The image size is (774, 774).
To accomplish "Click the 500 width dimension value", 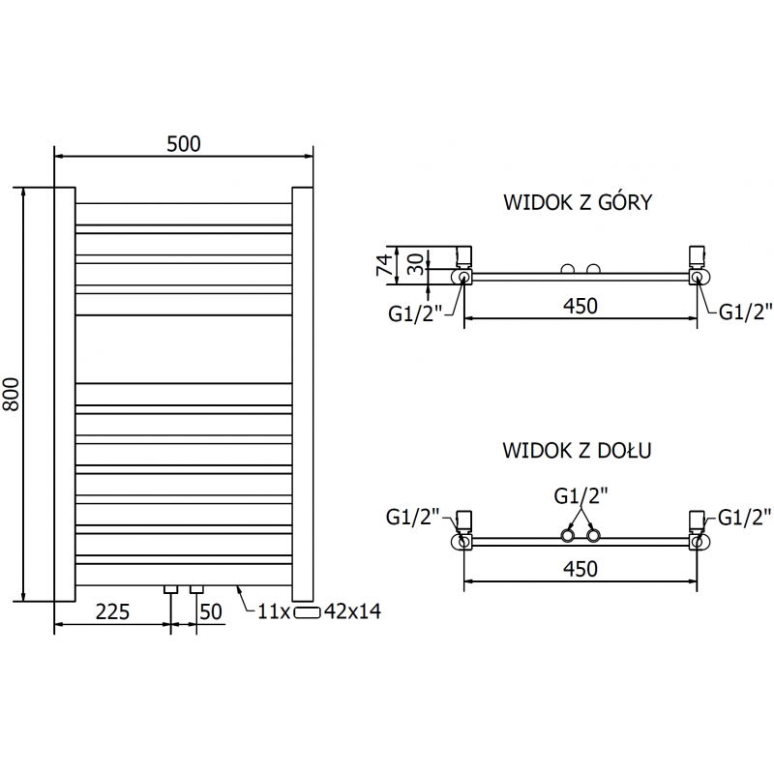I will pyautogui.click(x=183, y=144).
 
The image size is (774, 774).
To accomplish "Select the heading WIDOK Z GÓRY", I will pyautogui.click(x=577, y=203).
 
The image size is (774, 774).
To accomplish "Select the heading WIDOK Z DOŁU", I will pyautogui.click(x=577, y=451).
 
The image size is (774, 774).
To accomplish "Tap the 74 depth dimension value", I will pyautogui.click(x=383, y=262).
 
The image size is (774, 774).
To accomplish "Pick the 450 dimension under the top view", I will pyautogui.click(x=580, y=306).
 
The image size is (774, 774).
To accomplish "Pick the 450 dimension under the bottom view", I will pyautogui.click(x=580, y=569).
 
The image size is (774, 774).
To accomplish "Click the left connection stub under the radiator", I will pyautogui.click(x=171, y=588).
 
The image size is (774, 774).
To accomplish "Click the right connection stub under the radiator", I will pyautogui.click(x=196, y=588).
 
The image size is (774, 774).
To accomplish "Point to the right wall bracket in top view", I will pyautogui.click(x=696, y=255).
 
